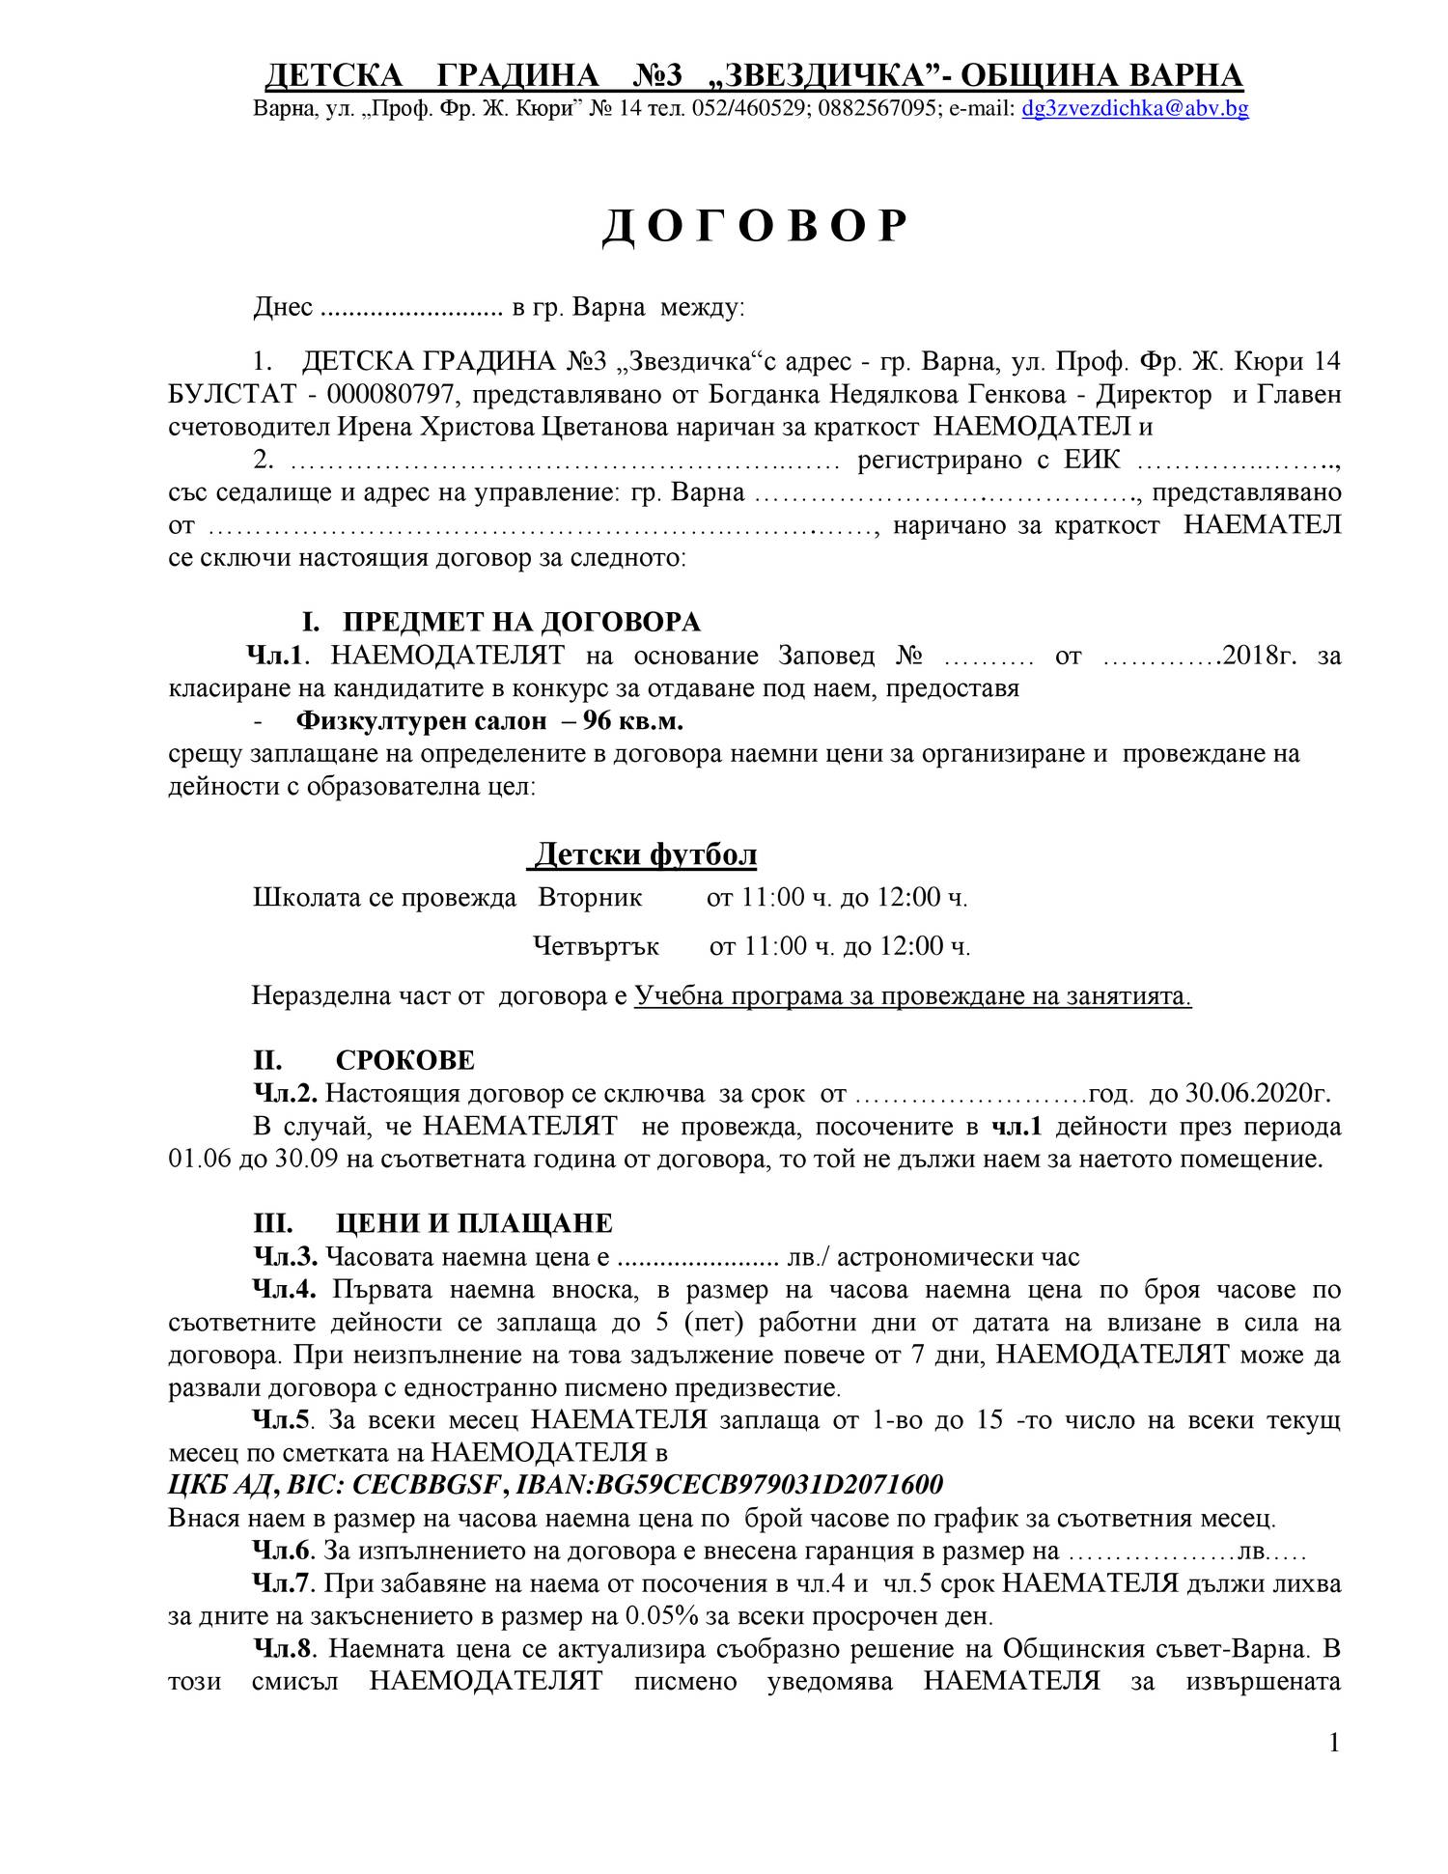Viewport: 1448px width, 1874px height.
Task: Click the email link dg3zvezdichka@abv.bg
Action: click(1134, 109)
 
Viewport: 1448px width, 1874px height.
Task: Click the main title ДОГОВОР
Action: click(755, 228)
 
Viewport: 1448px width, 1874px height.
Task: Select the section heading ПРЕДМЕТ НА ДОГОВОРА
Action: click(521, 621)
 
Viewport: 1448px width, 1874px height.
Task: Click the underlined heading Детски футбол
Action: click(646, 854)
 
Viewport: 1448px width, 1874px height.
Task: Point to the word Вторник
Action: click(590, 898)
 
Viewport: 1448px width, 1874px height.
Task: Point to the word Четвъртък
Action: click(597, 946)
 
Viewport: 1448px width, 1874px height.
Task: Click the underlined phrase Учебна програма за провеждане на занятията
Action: click(912, 995)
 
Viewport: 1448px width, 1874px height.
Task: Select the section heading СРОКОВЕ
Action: click(405, 1060)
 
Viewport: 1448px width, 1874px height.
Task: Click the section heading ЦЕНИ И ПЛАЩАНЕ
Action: click(474, 1223)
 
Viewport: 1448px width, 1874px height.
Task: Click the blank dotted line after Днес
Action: click(411, 309)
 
